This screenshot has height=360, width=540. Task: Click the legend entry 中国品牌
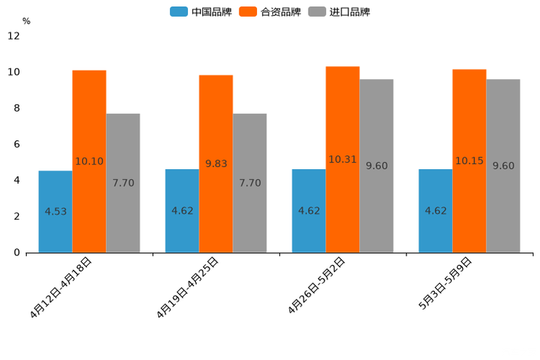point(201,12)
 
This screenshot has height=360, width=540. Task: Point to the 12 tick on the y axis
point(14,36)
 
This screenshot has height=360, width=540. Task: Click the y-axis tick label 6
point(16,144)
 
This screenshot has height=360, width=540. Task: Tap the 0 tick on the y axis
point(16,253)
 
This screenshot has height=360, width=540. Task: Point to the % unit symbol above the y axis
point(26,21)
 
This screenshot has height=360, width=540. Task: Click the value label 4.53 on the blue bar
point(56,211)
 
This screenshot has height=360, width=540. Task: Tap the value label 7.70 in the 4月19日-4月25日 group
point(250,183)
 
